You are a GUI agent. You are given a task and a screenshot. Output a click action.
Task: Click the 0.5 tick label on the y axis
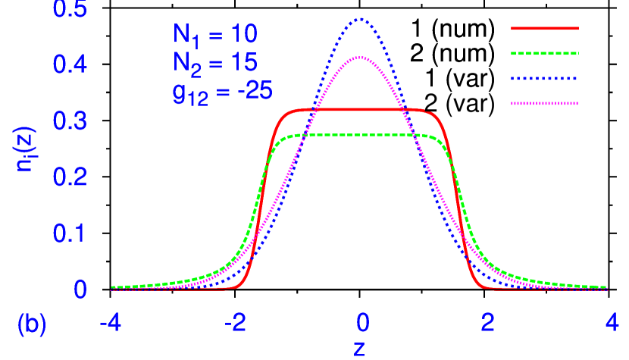pos(70,9)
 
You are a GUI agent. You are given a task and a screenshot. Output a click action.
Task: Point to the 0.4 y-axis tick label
pos(70,64)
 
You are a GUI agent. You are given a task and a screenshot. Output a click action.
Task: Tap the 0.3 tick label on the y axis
pos(70,121)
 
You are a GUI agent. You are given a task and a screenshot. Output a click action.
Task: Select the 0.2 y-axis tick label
pos(70,177)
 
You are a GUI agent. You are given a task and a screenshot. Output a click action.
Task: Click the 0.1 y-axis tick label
pos(70,233)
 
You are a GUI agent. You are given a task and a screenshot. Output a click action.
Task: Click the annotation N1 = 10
pos(215,34)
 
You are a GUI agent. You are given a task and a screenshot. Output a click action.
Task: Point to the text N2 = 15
pos(215,62)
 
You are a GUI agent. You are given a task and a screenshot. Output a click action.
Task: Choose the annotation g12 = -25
pos(222,92)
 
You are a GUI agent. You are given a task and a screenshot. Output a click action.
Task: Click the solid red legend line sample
pos(544,29)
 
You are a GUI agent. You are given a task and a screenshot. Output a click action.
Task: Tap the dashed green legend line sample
pos(544,54)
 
